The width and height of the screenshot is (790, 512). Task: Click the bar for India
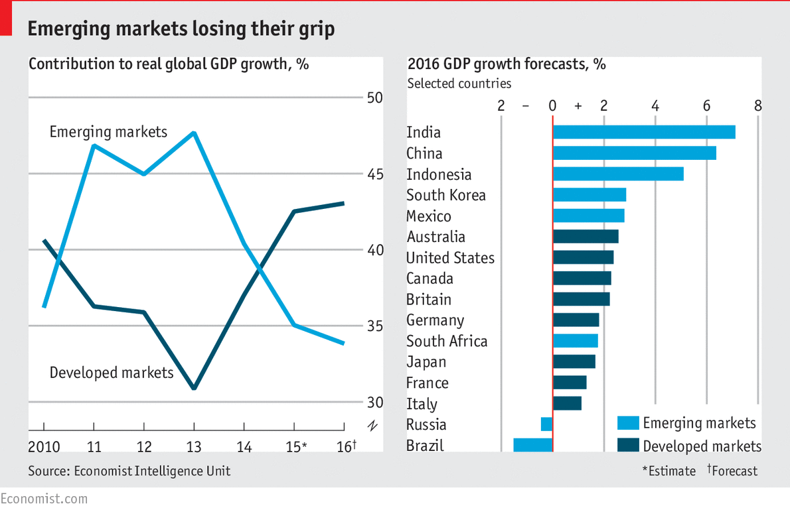644,132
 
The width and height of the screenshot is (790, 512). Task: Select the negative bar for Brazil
533,445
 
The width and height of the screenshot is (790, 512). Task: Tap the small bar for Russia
546,424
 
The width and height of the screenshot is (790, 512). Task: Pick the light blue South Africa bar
576,341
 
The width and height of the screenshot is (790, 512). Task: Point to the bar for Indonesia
618,174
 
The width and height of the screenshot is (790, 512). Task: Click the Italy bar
568,403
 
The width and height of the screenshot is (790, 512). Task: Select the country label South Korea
446,195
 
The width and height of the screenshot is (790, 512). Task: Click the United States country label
450,257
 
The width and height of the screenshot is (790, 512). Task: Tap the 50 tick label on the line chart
375,97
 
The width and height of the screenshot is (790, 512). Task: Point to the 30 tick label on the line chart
375,403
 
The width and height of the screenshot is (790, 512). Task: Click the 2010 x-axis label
44,446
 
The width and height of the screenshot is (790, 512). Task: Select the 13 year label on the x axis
194,446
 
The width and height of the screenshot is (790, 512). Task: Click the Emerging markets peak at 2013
194,133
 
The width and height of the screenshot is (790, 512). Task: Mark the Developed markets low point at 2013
194,388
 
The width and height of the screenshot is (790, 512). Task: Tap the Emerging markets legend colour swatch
628,423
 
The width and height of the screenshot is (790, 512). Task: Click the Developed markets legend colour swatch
628,445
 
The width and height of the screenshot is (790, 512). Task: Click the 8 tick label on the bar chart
757,105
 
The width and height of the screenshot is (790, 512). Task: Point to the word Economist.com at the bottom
44,499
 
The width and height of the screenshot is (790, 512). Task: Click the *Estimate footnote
669,471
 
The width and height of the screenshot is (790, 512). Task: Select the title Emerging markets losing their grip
181,29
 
